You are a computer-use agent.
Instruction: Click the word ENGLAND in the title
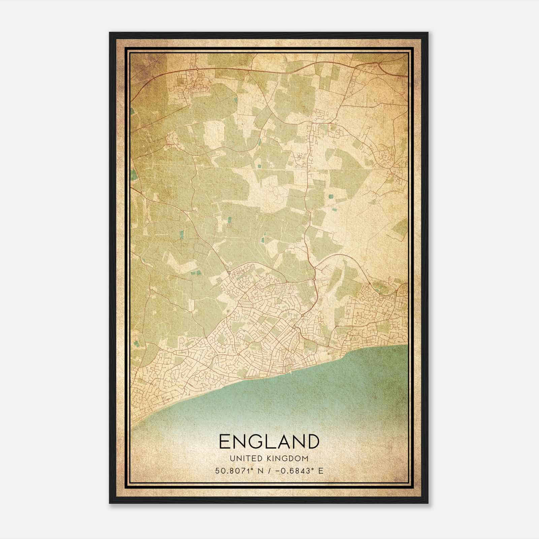(x=269, y=441)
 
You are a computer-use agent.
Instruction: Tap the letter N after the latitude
(x=260, y=471)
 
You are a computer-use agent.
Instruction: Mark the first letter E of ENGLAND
(x=225, y=441)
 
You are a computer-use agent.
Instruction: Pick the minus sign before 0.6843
(x=278, y=471)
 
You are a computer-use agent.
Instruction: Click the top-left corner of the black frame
(x=110, y=33)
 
